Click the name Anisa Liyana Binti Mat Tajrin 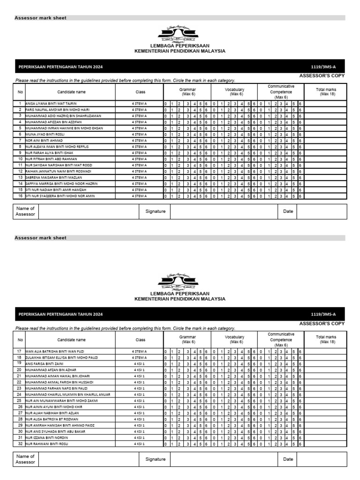[51, 103]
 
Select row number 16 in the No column [20, 196]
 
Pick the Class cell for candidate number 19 [139, 363]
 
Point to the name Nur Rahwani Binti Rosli [46, 443]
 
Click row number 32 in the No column [20, 443]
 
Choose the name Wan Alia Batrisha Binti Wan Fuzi [54, 351]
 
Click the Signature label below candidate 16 [155, 211]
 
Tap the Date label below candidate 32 [288, 459]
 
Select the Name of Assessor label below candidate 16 [25, 211]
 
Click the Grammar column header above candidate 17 [187, 339]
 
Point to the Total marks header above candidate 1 [326, 91]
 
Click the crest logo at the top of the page [178, 34]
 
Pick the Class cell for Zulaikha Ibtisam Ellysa [139, 357]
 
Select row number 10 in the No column [20, 159]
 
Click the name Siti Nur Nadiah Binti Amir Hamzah [56, 190]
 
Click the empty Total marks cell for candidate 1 [326, 103]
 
